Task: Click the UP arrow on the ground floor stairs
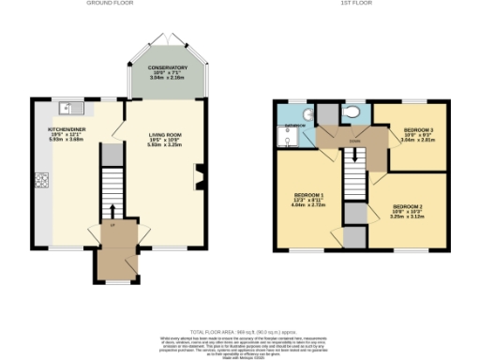[x=112, y=212]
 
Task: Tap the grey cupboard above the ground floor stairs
[x=111, y=153]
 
